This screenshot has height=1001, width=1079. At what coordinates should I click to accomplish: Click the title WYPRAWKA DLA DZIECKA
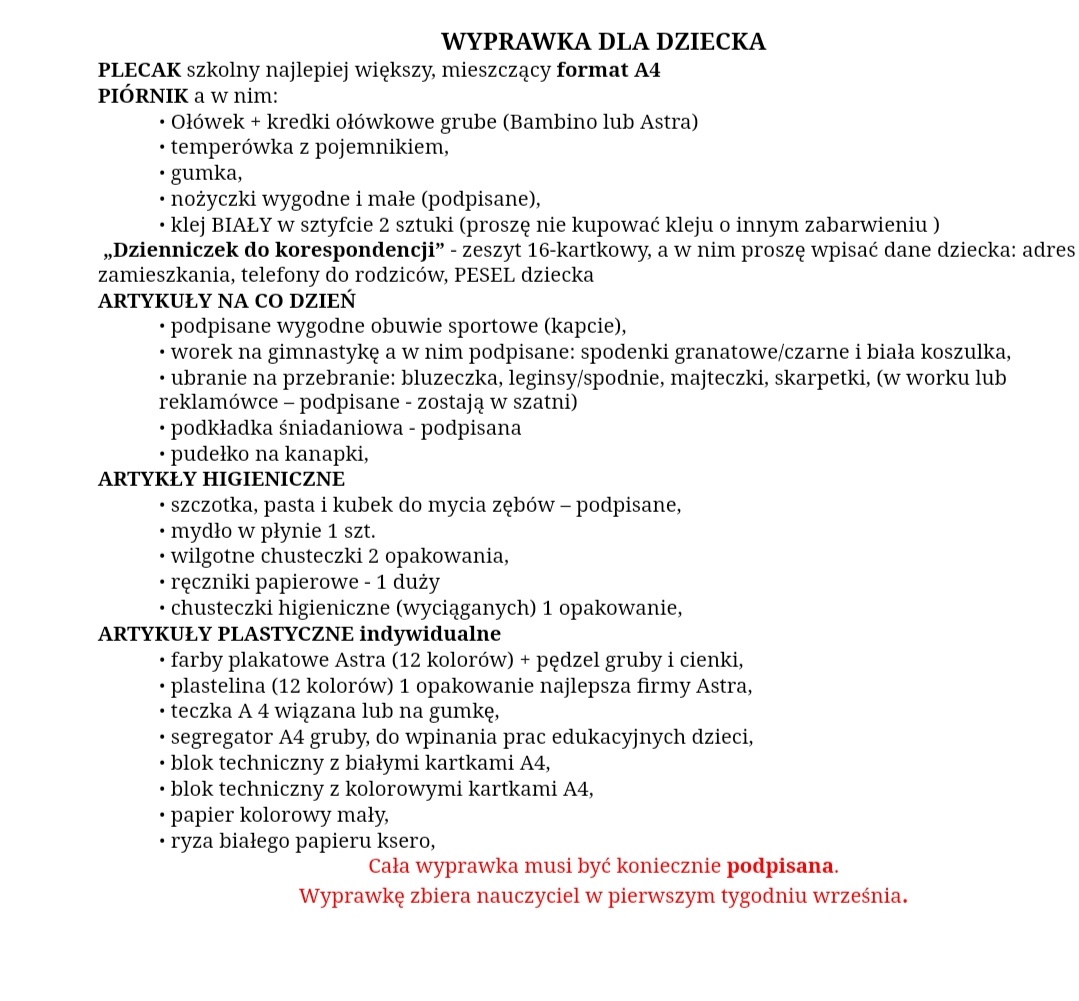point(603,42)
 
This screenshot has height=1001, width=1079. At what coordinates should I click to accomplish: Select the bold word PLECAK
point(139,71)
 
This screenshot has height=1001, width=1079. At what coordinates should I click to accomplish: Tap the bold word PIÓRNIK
point(142,97)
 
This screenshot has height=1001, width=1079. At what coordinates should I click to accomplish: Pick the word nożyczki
point(211,199)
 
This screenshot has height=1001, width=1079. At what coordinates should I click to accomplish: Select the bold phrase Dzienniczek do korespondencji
point(273,250)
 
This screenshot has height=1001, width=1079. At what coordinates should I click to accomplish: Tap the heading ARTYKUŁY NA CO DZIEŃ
point(227,301)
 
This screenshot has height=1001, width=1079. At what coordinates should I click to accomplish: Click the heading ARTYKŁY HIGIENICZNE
point(221,479)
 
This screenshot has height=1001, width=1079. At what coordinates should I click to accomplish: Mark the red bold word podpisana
point(780,865)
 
